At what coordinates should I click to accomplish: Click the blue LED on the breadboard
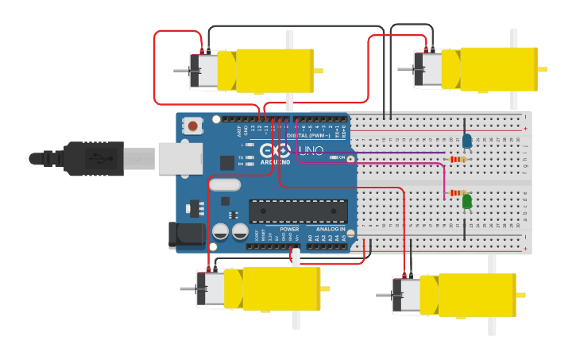pyautogui.click(x=467, y=141)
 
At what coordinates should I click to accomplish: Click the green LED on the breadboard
pyautogui.click(x=467, y=202)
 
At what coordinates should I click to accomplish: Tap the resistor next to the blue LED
pyautogui.click(x=458, y=159)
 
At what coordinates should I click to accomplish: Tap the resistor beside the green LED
pyautogui.click(x=458, y=192)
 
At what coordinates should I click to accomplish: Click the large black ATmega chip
pyautogui.click(x=298, y=211)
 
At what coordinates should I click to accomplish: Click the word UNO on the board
pyautogui.click(x=311, y=151)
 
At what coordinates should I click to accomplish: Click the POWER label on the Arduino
pyautogui.click(x=289, y=229)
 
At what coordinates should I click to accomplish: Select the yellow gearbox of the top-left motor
pyautogui.click(x=266, y=70)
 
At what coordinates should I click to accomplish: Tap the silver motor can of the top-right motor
pyautogui.click(x=428, y=69)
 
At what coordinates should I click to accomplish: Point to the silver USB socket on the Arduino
pyautogui.click(x=178, y=158)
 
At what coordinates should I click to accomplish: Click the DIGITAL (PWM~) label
pyautogui.click(x=318, y=135)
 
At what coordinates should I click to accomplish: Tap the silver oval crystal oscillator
pyautogui.click(x=225, y=185)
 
